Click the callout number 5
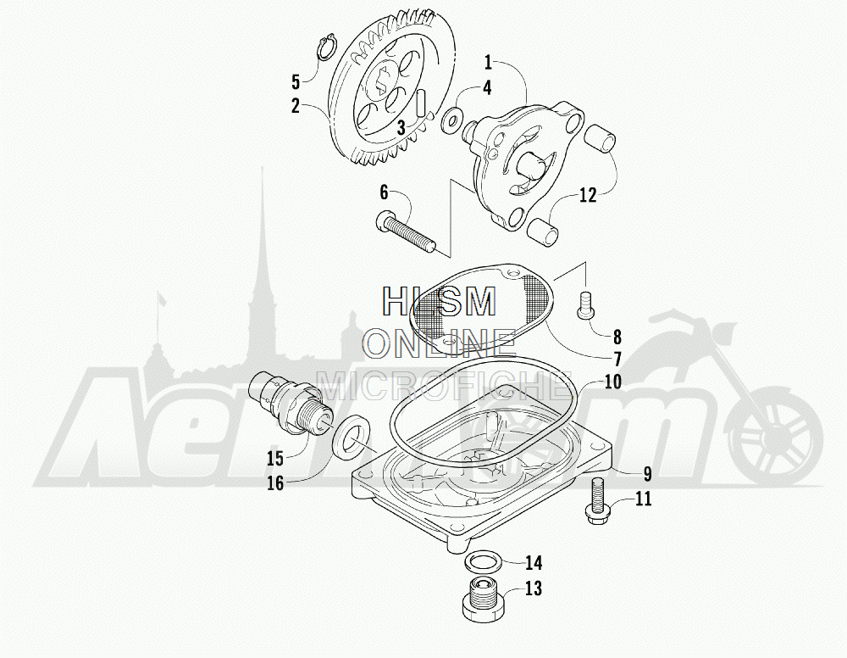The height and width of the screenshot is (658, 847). point(296,82)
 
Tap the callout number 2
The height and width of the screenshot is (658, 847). point(296,106)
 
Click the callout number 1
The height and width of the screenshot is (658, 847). point(489,61)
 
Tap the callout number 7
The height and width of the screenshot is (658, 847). point(617,357)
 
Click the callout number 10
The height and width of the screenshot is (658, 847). point(612,382)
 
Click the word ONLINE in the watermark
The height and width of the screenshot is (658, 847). point(440,343)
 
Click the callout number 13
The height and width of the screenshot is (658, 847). point(533,588)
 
